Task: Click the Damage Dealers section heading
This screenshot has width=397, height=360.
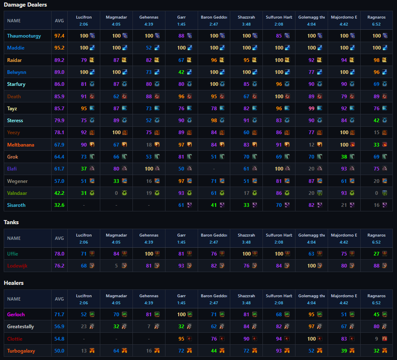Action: (25, 5)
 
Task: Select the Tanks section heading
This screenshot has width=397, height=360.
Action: (11, 222)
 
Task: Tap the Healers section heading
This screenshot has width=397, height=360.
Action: (14, 283)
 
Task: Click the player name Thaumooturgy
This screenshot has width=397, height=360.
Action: (24, 36)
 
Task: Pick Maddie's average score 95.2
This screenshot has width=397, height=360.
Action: (59, 48)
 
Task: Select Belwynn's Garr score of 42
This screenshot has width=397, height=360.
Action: (181, 72)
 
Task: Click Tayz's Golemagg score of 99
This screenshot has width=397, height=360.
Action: (312, 109)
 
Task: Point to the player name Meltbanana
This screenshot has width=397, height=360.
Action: (21, 145)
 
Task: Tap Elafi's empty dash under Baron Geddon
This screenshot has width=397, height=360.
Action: (214, 169)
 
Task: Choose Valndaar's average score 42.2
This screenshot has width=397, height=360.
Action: (59, 193)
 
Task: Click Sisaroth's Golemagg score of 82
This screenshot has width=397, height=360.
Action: (312, 205)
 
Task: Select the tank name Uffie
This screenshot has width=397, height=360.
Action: (12, 254)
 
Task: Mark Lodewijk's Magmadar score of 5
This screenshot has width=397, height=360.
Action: (116, 266)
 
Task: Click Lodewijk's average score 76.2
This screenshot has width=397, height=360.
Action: (59, 266)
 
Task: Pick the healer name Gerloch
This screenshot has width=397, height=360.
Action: (16, 315)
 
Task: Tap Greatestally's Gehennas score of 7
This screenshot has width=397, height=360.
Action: (149, 327)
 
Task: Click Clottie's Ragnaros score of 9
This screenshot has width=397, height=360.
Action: (376, 339)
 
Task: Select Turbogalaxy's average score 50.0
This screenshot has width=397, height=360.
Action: (59, 351)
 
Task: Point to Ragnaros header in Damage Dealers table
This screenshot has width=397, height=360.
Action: (376, 17)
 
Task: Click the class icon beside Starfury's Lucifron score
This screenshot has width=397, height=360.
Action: (92, 84)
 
